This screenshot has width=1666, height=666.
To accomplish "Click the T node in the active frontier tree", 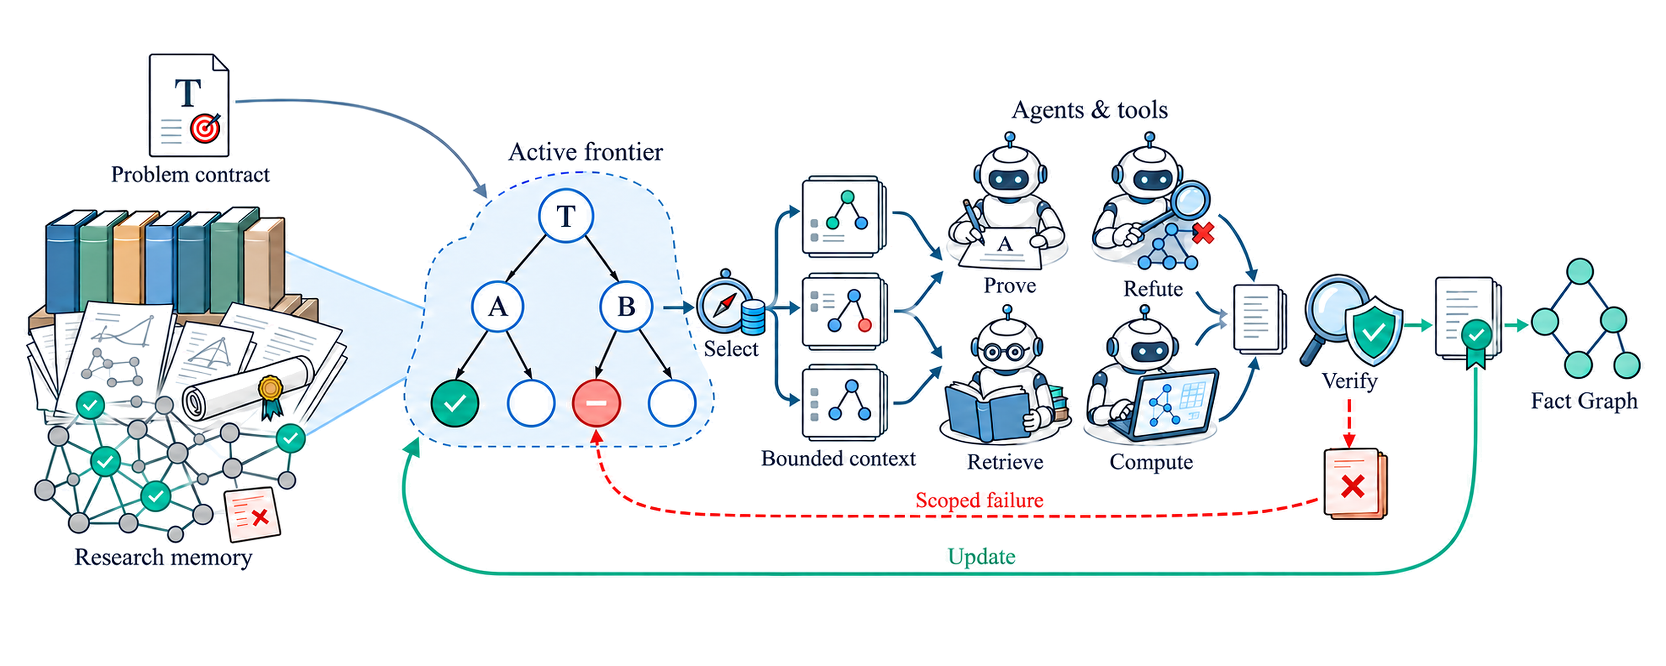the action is (x=566, y=216).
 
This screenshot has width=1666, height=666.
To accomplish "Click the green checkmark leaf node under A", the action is (x=455, y=403).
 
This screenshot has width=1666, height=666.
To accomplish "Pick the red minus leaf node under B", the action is (x=597, y=403).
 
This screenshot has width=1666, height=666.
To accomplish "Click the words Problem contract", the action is (x=190, y=175).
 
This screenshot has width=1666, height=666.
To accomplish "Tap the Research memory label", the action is (x=163, y=557).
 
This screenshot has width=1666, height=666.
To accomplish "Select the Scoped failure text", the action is (x=979, y=500).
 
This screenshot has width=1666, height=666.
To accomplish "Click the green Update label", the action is (x=982, y=556).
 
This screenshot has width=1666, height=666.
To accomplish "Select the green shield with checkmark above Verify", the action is (x=1374, y=330).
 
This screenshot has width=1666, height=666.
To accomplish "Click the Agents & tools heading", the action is (x=1090, y=110).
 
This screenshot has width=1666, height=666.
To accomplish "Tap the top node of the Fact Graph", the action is (x=1580, y=272).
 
